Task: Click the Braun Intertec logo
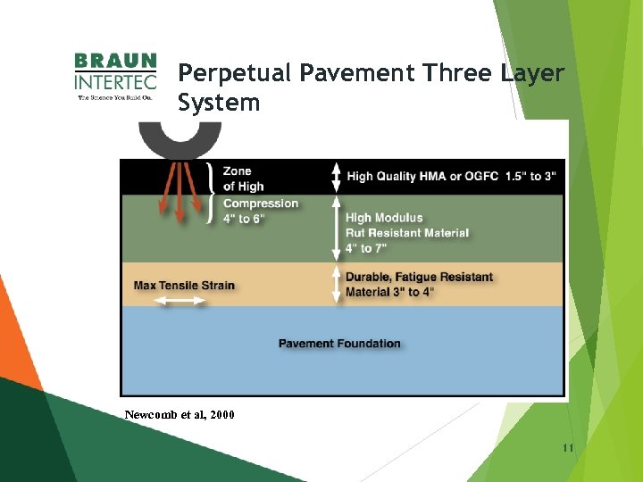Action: (115, 77)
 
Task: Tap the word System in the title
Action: (219, 104)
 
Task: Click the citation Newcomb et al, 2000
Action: (180, 414)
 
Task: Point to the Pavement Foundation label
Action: (339, 344)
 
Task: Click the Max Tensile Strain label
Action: (184, 286)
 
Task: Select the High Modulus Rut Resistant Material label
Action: (406, 232)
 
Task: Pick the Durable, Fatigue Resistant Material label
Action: (418, 284)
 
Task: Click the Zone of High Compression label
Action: (259, 195)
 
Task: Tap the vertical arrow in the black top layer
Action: (336, 177)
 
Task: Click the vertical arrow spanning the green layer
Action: (336, 228)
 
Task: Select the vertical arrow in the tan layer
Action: (336, 284)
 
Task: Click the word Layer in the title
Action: (532, 73)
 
